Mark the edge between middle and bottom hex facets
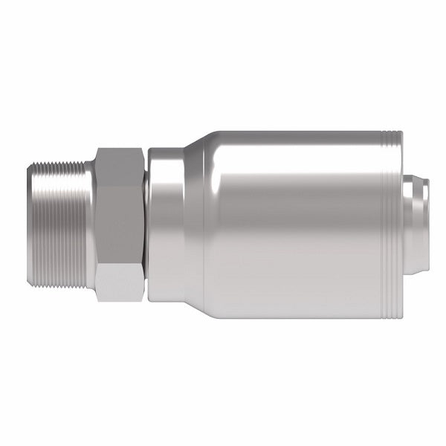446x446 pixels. [x=119, y=264]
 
